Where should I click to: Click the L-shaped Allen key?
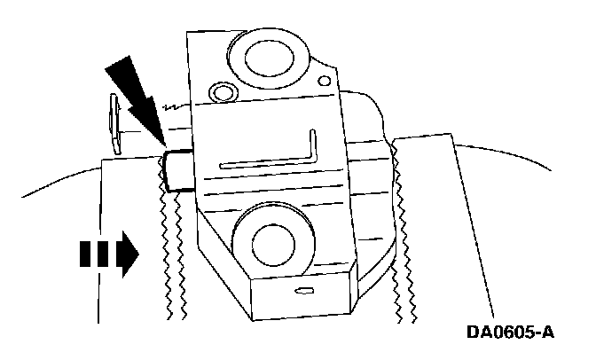(x=275, y=155)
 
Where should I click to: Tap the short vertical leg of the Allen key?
(x=313, y=147)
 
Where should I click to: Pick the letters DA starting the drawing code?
(x=479, y=333)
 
